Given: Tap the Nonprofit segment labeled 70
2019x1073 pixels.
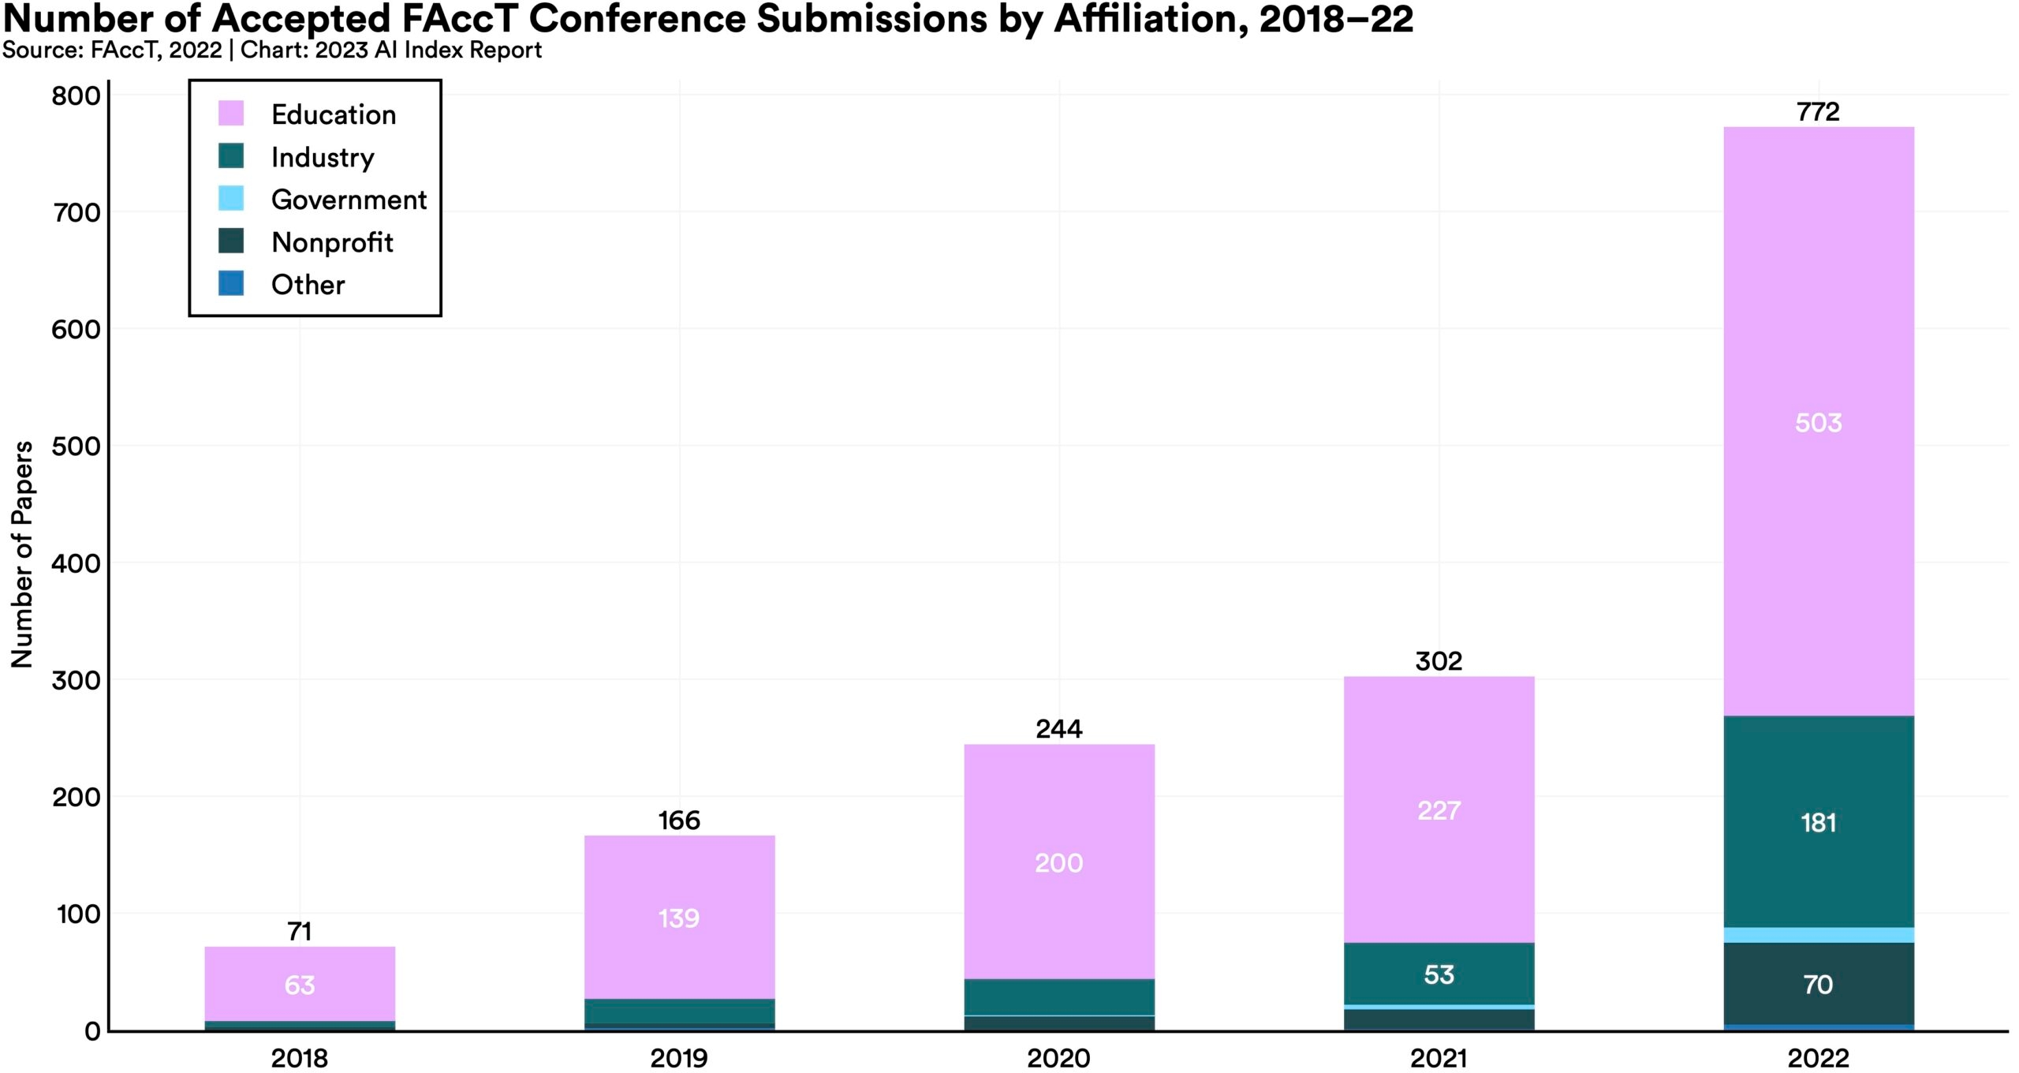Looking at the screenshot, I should [1818, 984].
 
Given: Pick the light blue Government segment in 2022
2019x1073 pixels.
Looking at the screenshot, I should [1818, 935].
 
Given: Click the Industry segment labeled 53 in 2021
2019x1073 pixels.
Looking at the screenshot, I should [1439, 974].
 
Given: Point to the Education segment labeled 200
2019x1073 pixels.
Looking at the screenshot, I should [1058, 862].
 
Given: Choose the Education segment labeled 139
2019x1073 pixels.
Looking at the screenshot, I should [679, 918].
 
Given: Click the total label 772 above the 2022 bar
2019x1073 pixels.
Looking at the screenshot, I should [1818, 112].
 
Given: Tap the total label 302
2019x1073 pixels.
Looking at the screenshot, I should [1439, 661].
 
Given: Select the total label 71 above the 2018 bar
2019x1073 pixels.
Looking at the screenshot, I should [300, 932].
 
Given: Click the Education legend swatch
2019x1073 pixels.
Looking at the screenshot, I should [231, 114].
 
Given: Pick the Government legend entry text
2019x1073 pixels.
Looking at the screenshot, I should [349, 200].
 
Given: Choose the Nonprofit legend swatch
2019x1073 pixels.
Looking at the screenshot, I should [231, 241].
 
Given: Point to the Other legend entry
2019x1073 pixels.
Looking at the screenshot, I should [308, 285].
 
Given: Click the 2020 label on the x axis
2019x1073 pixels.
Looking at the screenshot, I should [1058, 1058].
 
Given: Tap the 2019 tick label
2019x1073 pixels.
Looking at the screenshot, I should [679, 1058].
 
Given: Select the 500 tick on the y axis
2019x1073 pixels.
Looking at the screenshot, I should [77, 447].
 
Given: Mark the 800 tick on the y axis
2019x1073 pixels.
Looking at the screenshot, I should [77, 96].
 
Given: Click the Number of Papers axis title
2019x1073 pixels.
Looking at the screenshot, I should [22, 554].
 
